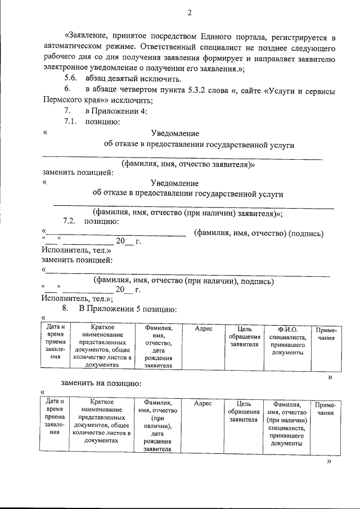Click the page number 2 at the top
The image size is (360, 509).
[190, 12]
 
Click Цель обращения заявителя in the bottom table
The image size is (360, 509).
[244, 412]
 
